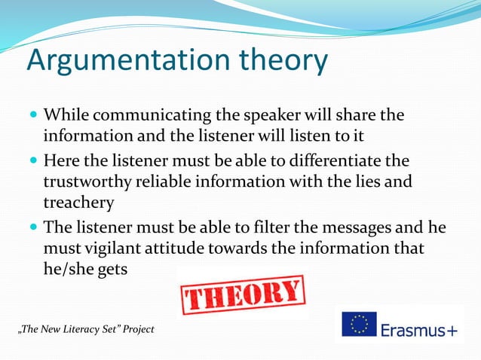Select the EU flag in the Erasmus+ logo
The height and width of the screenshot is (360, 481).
coord(360,324)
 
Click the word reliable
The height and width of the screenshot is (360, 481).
coord(176,182)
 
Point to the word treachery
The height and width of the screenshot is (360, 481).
coord(79,202)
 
